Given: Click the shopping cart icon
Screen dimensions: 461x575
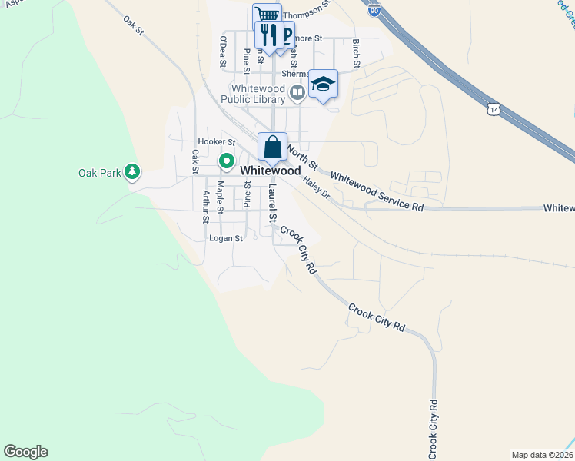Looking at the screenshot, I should (267, 16).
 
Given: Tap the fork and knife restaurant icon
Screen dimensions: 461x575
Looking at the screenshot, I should (267, 34).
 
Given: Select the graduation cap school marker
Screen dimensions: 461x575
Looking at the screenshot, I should (324, 84).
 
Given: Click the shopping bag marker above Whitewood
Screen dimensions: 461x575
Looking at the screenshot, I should (272, 146).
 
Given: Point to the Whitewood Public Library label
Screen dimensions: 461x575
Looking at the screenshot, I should (253, 93).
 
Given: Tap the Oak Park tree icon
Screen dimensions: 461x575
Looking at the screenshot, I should (133, 172).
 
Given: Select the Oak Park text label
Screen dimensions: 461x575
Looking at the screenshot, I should (100, 173).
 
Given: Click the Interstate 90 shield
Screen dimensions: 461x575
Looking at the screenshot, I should (374, 9).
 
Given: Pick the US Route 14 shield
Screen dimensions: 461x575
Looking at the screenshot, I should (491, 110).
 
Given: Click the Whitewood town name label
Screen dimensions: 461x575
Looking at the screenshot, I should (270, 171).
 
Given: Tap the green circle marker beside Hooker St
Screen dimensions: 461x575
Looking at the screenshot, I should (227, 161).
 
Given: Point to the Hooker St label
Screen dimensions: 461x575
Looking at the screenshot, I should (216, 142).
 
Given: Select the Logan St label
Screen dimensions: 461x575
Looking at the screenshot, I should (226, 238).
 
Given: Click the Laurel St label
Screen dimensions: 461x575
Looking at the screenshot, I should (272, 203).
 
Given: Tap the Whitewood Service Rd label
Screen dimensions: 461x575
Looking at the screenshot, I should (377, 191).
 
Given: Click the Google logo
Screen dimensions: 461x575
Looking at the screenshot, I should (25, 452).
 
